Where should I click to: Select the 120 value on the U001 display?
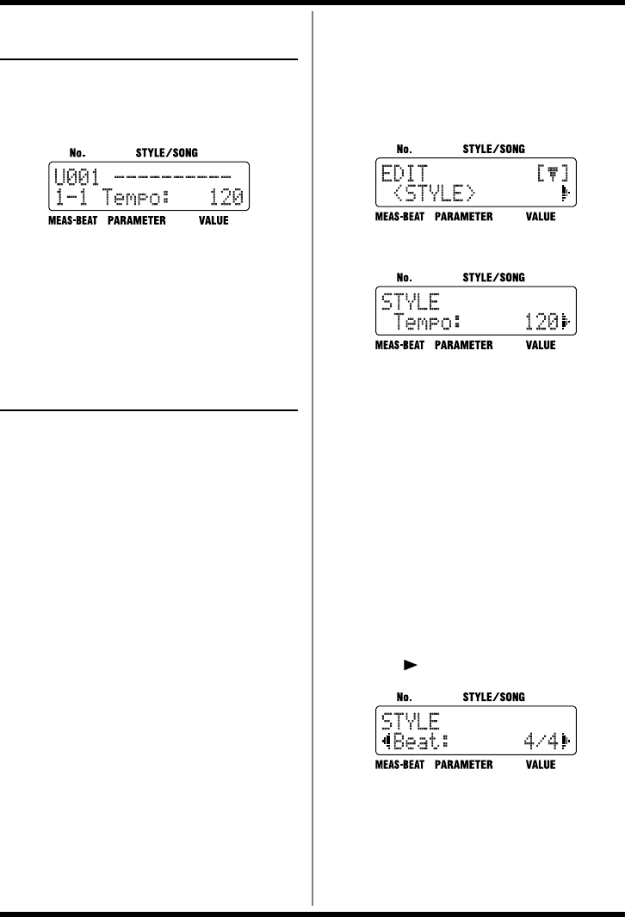[225, 198]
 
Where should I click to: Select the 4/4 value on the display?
[539, 741]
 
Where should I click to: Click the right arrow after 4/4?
[566, 741]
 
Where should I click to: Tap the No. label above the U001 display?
[77, 153]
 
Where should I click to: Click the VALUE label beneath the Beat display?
[541, 764]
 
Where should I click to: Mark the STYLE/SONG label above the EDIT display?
[494, 148]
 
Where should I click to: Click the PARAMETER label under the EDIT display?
[464, 217]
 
